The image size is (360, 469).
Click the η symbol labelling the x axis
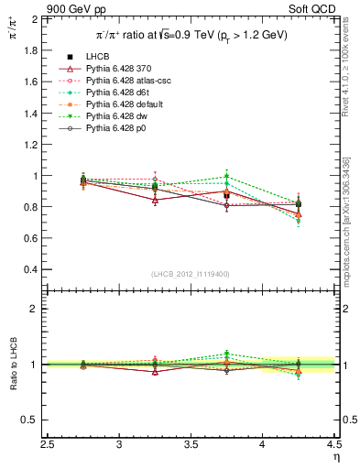tap(335, 457)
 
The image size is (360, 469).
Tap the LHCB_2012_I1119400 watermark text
tap(190, 274)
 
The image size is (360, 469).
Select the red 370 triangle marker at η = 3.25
tap(155, 200)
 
